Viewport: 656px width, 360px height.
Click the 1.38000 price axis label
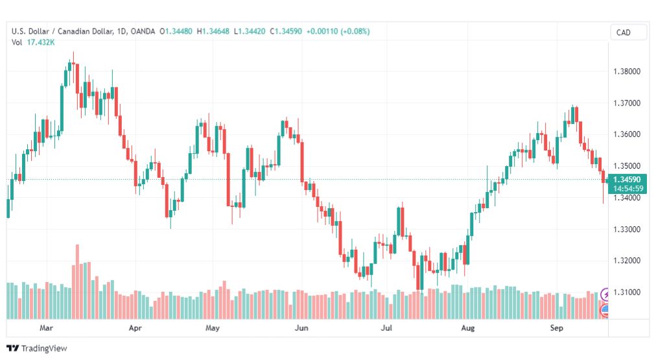(x=626, y=71)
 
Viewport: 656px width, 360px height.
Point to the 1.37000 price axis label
(x=626, y=103)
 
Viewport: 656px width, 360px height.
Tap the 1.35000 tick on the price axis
(x=626, y=166)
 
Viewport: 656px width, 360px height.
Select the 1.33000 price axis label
(x=626, y=230)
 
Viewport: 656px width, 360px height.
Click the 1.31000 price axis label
(x=626, y=292)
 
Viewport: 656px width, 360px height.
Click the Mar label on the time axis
(x=46, y=328)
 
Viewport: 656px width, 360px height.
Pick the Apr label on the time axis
(x=135, y=328)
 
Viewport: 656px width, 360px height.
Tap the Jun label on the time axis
(x=301, y=328)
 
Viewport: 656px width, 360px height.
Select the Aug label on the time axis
(x=468, y=328)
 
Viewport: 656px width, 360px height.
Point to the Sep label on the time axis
(x=556, y=328)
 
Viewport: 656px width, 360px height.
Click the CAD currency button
(x=624, y=32)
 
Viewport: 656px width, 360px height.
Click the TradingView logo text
(x=44, y=348)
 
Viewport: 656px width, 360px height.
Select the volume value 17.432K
(x=41, y=42)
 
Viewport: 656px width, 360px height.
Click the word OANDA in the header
(x=143, y=31)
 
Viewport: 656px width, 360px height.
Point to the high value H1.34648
(x=213, y=31)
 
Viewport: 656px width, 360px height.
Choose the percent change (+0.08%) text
(x=355, y=31)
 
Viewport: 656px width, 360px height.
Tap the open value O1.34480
(x=176, y=31)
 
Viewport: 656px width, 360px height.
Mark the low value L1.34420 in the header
(x=250, y=31)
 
